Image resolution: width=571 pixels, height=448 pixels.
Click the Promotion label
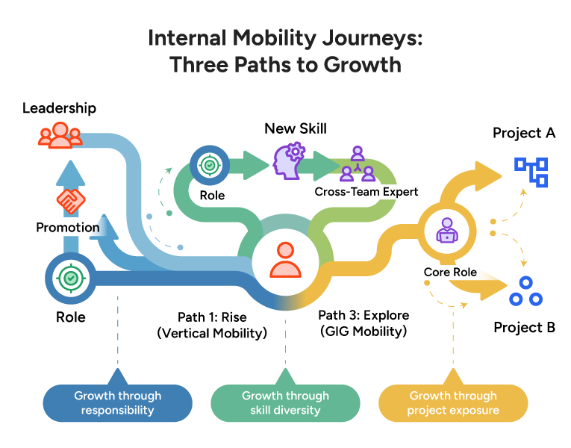click(67, 228)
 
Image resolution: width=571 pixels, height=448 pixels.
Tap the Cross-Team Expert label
click(366, 192)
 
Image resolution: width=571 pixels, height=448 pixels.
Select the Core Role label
click(450, 273)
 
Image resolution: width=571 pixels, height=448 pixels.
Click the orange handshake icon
click(71, 200)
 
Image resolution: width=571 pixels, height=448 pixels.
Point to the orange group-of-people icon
click(60, 136)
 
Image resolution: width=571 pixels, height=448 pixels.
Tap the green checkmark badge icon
click(71, 278)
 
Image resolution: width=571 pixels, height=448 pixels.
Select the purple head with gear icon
click(289, 162)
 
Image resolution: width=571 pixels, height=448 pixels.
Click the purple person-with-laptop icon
click(449, 234)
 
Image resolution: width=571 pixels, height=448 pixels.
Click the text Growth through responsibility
click(117, 403)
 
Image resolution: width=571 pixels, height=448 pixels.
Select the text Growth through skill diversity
click(285, 403)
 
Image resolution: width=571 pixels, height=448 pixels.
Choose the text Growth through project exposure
click(453, 403)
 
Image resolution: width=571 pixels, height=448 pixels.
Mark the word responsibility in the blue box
click(117, 411)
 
